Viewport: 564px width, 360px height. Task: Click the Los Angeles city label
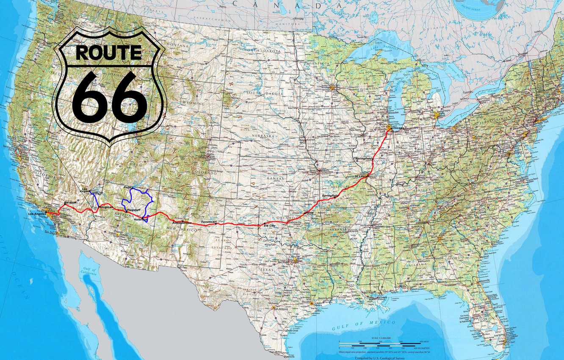(x=36, y=214)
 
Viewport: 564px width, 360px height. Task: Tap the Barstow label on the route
(x=70, y=203)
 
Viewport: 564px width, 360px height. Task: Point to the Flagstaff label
(x=133, y=210)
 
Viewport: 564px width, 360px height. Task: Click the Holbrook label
(x=140, y=219)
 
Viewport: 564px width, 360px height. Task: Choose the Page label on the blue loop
(x=127, y=187)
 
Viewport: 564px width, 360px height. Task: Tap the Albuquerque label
(x=182, y=222)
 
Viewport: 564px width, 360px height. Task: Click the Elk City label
(x=269, y=226)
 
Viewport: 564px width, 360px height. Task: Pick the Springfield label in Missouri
(x=330, y=196)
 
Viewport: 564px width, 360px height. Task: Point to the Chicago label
(x=398, y=128)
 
